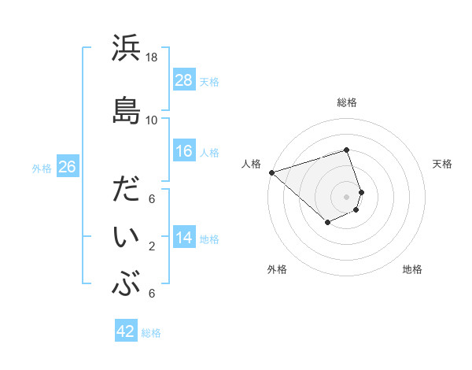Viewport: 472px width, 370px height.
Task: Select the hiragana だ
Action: (126, 192)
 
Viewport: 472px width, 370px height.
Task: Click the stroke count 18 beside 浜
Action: (152, 57)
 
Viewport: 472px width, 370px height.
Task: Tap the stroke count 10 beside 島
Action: (152, 120)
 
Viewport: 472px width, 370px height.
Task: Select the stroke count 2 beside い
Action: (152, 246)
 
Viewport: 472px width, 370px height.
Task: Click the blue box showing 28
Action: (184, 80)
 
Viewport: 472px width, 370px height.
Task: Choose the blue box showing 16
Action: (184, 151)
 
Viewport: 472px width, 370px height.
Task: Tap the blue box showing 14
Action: (184, 238)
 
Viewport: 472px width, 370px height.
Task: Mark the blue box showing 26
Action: (67, 167)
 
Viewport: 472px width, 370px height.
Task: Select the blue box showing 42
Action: (126, 331)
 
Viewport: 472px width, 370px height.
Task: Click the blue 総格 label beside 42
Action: (151, 333)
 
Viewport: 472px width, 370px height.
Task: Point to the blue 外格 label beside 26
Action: (42, 168)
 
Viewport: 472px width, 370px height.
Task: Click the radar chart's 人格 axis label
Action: (251, 164)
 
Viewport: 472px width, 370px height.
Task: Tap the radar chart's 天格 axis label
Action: (443, 164)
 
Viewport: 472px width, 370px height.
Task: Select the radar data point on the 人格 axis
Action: (271, 172)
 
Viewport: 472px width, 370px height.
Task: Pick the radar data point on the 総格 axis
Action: (346, 150)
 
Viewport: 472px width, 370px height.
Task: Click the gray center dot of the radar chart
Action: (346, 196)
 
